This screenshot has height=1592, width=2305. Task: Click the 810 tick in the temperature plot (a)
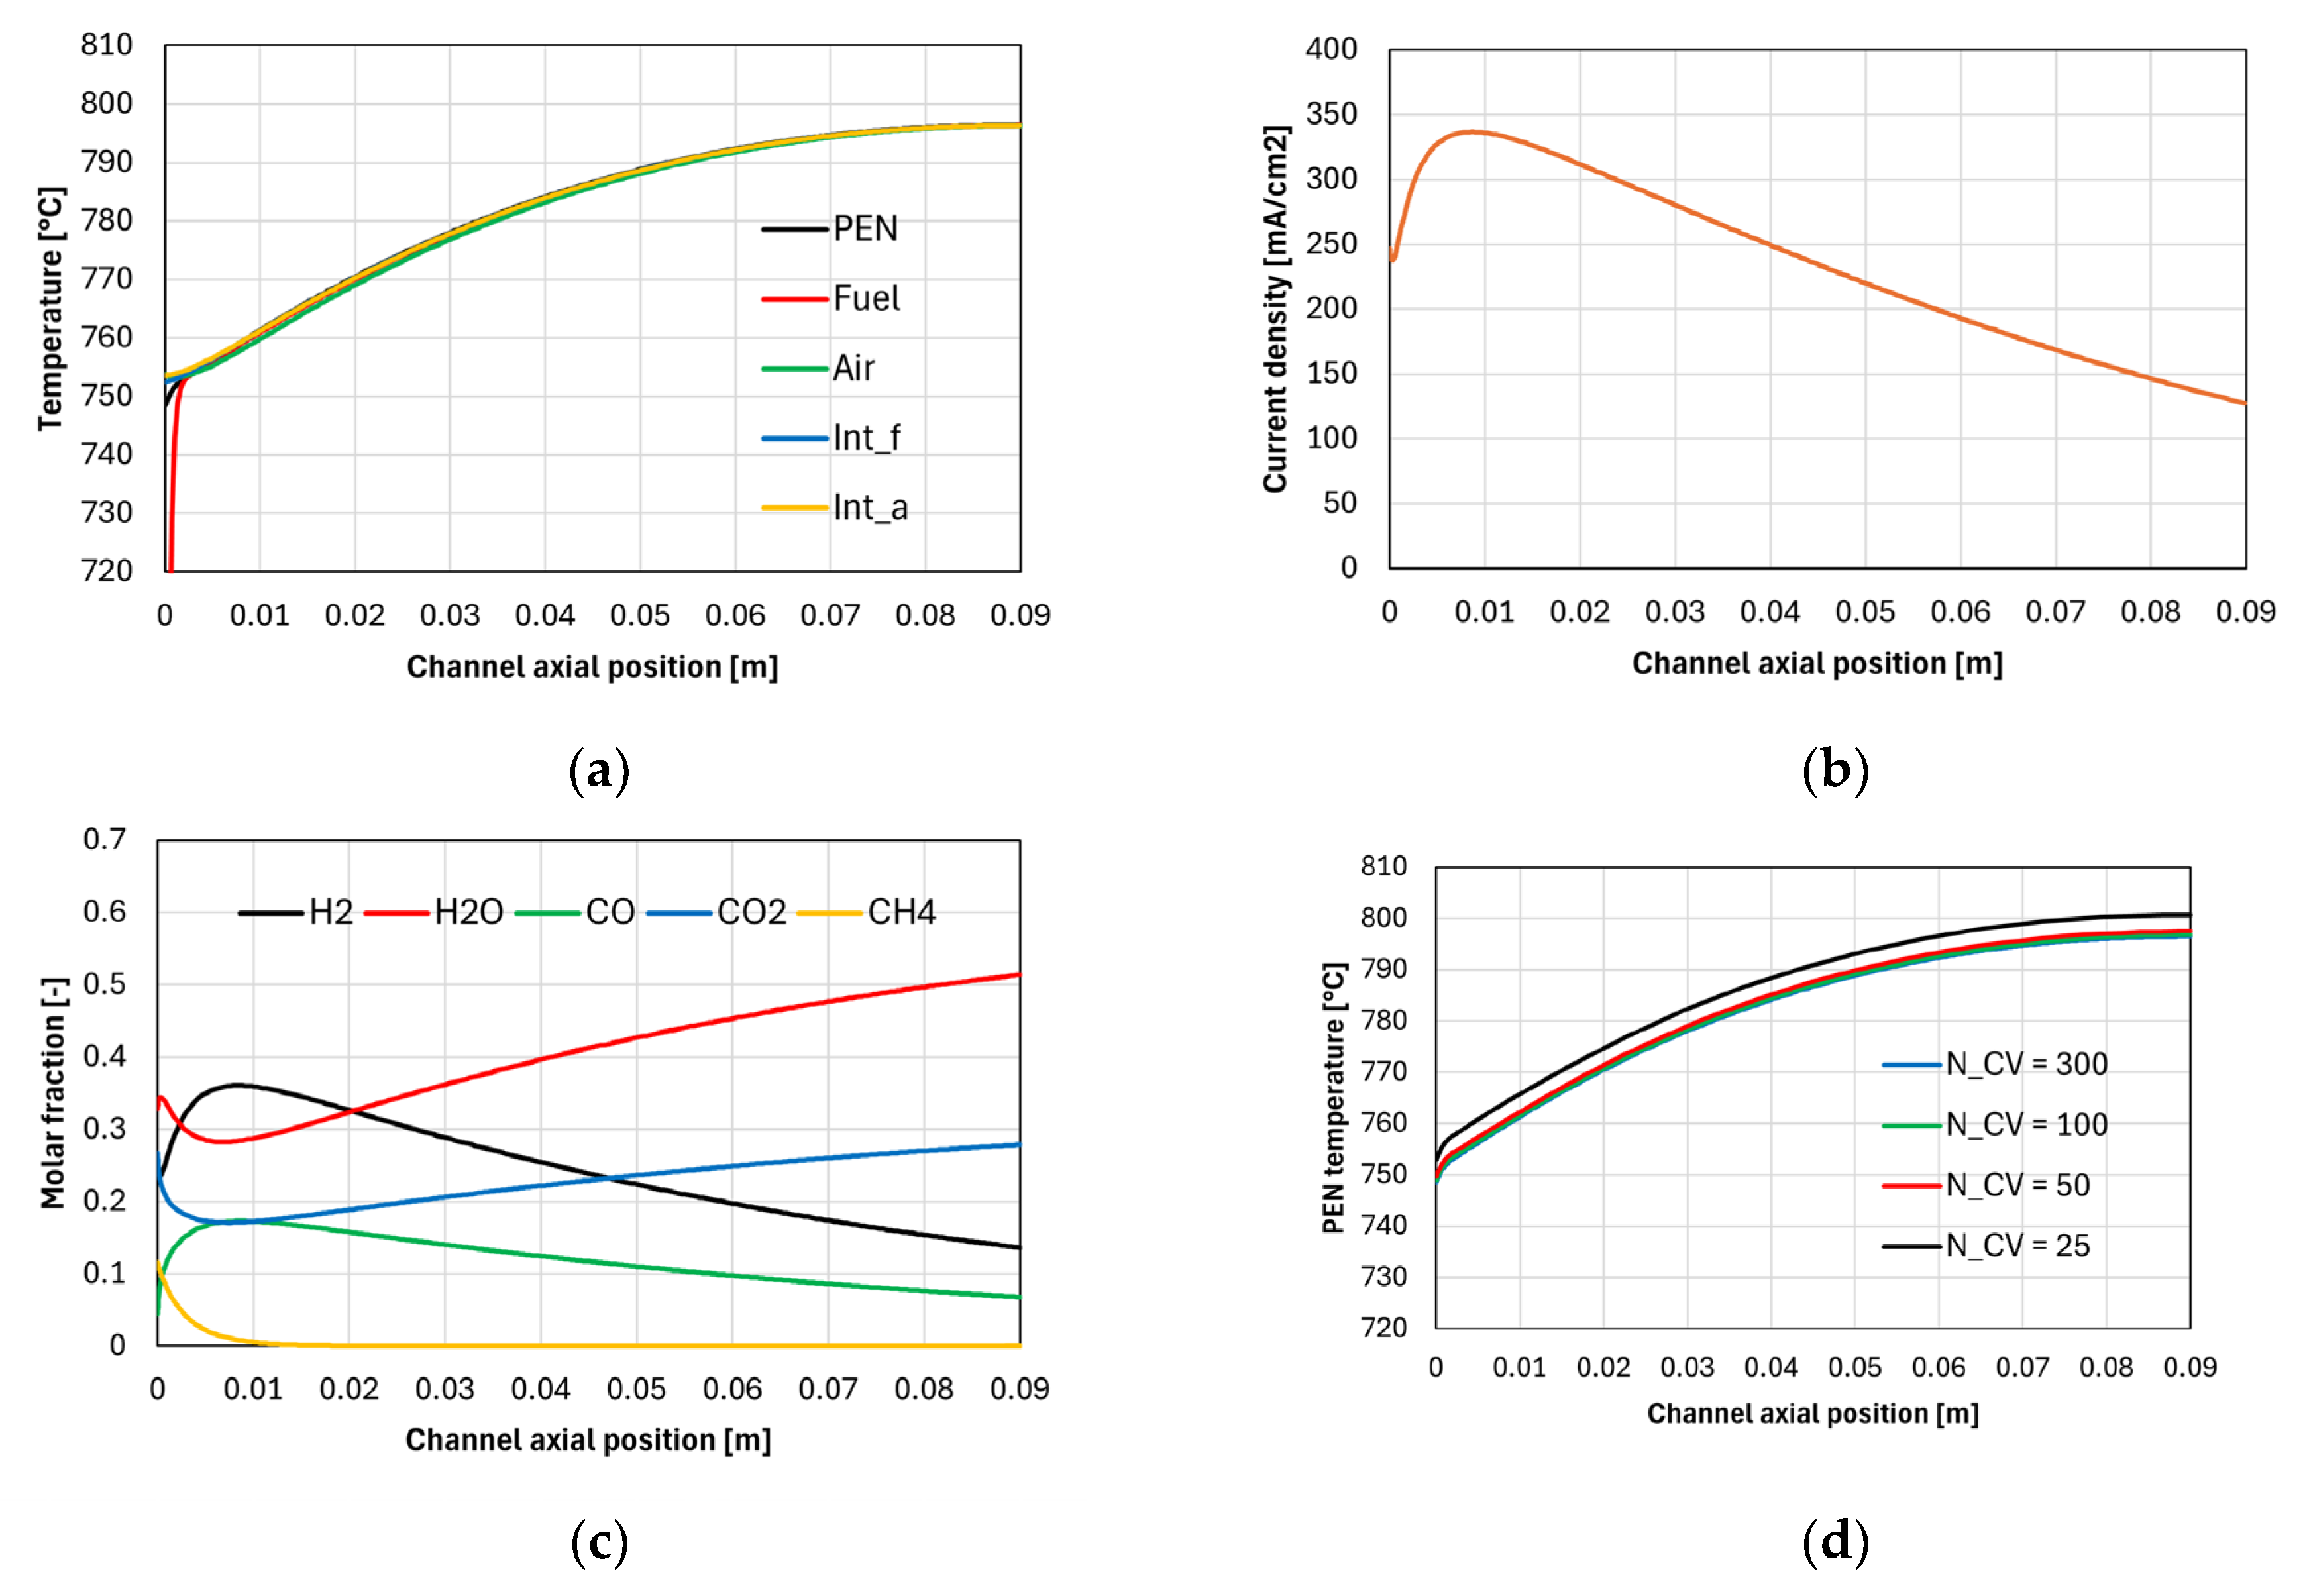(107, 45)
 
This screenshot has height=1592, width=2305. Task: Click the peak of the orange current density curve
(1470, 132)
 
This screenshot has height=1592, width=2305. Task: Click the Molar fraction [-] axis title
(53, 1092)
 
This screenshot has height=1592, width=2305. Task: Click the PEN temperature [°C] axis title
(1334, 1097)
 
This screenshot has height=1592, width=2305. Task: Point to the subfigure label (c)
(600, 1542)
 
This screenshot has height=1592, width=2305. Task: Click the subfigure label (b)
(1835, 770)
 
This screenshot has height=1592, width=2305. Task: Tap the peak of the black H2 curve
(237, 1085)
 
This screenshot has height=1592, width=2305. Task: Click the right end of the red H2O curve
(1018, 975)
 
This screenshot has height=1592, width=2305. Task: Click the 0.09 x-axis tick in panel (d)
(2189, 1367)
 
